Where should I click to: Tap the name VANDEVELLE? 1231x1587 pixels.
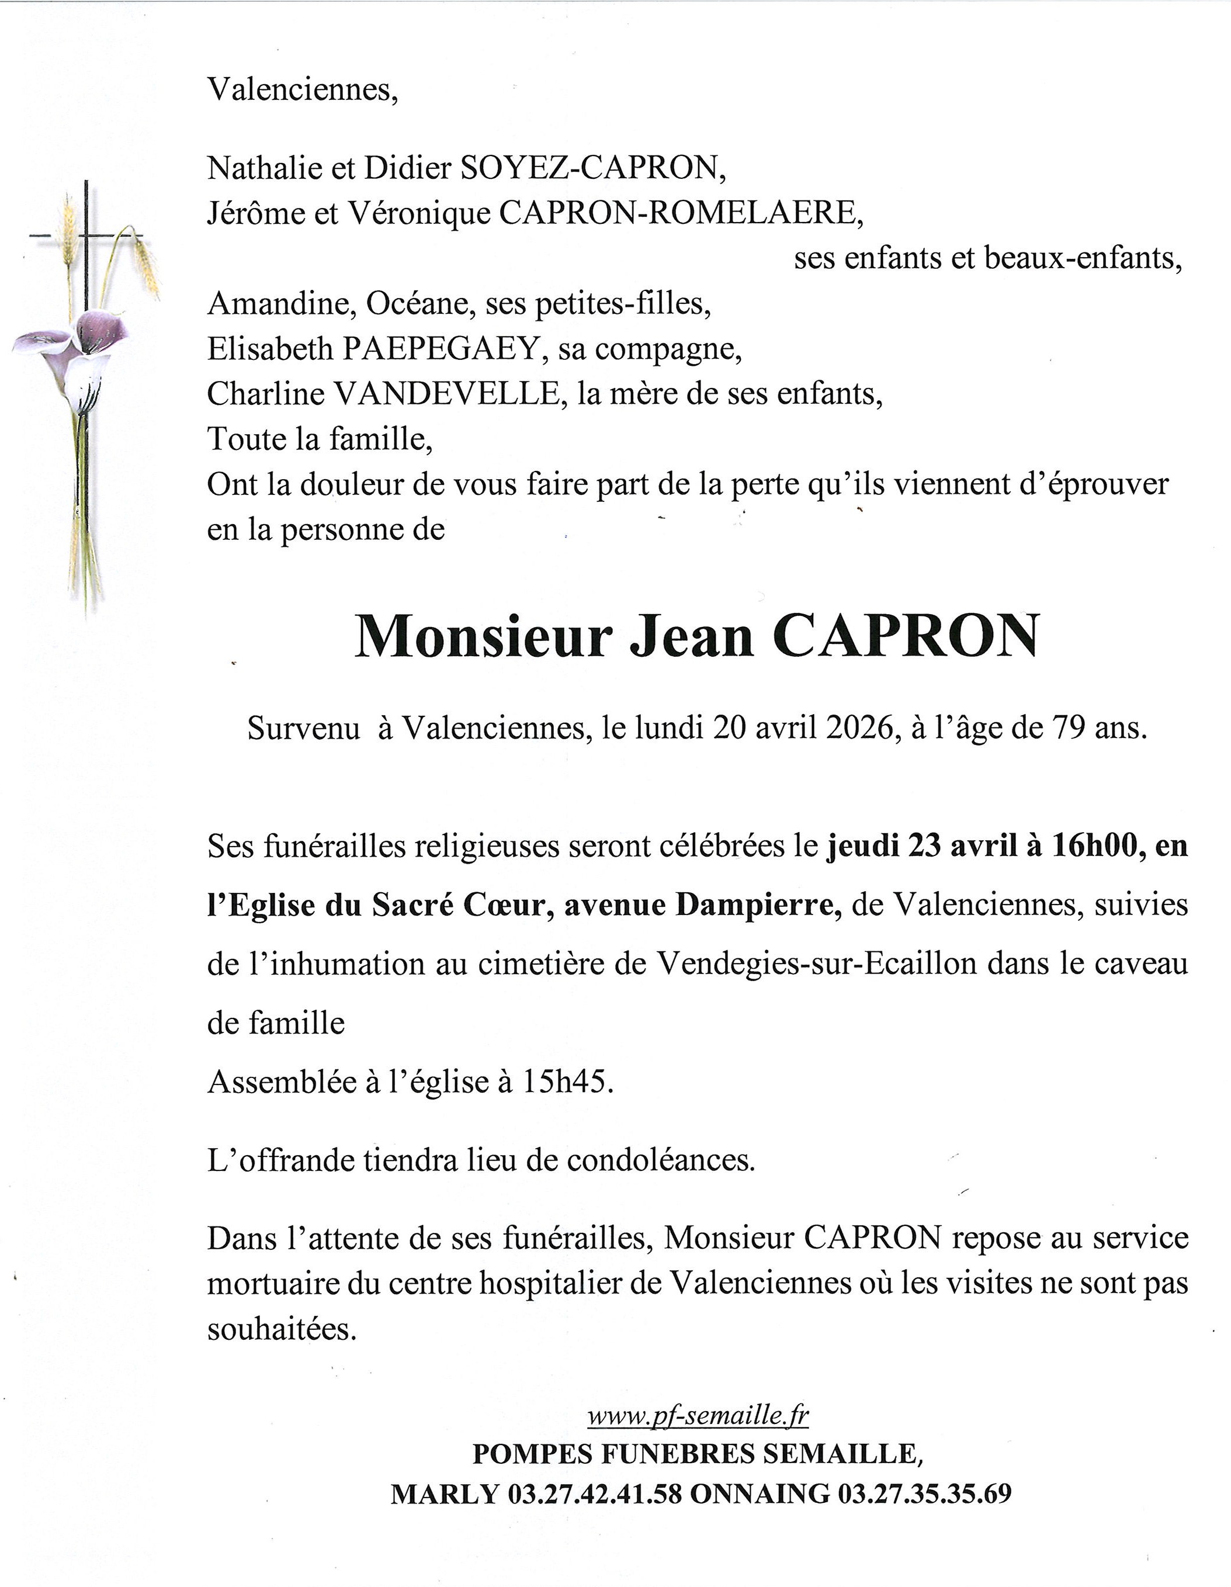(x=445, y=394)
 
